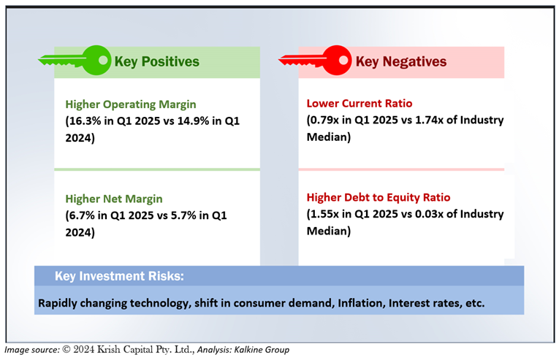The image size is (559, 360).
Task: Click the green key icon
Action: point(73,61)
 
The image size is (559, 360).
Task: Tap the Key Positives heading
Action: point(156,62)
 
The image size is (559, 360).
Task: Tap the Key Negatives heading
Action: point(400,62)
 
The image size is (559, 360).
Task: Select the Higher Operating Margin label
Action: point(131,104)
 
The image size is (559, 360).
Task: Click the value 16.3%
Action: point(85,120)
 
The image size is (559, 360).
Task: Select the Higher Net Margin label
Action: point(114,199)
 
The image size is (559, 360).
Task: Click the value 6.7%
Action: point(82,215)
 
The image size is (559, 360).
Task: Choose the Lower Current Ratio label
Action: point(360,104)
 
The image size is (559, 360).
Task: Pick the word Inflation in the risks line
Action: point(362,302)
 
